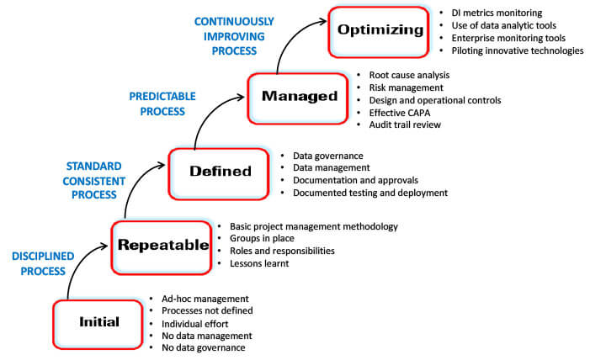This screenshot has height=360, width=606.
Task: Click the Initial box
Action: click(99, 322)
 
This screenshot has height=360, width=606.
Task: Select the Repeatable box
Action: click(162, 246)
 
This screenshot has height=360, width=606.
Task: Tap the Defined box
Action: click(221, 172)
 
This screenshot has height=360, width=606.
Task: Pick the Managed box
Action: click(299, 97)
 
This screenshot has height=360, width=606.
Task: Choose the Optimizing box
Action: click(380, 31)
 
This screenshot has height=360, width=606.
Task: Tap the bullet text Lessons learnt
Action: click(260, 263)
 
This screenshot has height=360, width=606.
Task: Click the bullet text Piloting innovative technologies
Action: click(517, 50)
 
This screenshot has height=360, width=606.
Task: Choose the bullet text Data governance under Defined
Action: click(327, 156)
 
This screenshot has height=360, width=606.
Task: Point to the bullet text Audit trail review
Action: click(405, 124)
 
